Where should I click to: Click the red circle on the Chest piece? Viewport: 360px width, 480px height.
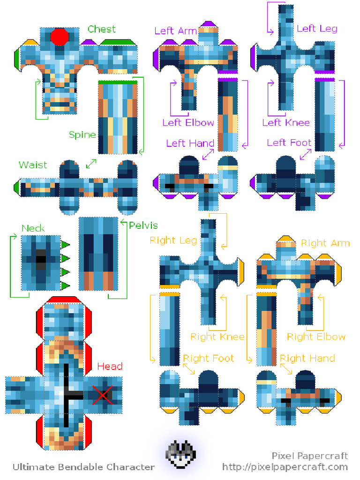point(60,37)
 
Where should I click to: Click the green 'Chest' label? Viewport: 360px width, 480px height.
point(101,29)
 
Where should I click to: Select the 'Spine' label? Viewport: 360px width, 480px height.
point(82,135)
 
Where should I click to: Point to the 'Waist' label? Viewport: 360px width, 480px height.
point(33,165)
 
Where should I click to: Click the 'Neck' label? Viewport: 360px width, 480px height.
point(33,228)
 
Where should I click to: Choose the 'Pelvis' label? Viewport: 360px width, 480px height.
point(143,225)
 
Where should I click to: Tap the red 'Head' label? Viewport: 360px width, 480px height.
point(110,366)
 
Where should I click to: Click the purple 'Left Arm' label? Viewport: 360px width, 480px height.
point(175,31)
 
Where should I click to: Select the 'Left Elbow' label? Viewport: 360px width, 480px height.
point(188,123)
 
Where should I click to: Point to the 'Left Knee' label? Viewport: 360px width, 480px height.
point(286,123)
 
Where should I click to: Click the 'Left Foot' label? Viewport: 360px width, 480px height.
point(289,142)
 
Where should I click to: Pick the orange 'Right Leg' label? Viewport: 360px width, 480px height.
point(173,240)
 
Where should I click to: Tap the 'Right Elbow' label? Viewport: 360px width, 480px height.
point(316,337)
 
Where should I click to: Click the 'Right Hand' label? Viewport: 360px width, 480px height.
point(307,359)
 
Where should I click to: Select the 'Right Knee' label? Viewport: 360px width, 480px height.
point(217,337)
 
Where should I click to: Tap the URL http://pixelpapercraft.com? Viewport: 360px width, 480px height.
point(285,467)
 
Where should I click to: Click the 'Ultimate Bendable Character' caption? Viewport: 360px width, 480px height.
point(83,467)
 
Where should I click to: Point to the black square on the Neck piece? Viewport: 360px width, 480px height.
point(41,258)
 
